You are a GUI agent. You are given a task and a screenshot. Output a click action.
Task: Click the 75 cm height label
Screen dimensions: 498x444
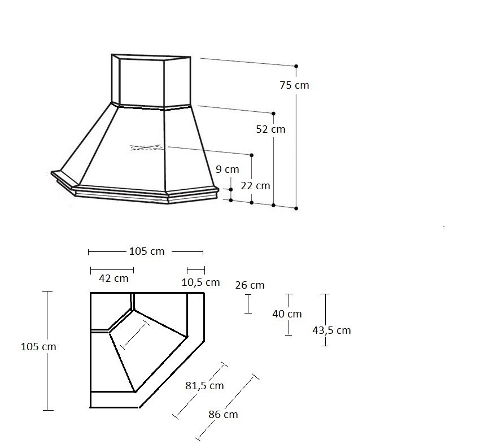point(294,85)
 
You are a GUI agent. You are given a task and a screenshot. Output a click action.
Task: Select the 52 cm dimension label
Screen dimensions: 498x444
point(270,129)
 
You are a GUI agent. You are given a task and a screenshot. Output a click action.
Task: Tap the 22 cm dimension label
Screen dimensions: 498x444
point(255,186)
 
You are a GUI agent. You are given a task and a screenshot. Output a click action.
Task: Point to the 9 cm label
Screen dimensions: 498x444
point(228,169)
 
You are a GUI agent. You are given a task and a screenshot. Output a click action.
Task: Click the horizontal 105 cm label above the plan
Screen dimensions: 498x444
point(147,251)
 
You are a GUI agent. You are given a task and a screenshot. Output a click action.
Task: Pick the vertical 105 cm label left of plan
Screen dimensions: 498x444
point(38,346)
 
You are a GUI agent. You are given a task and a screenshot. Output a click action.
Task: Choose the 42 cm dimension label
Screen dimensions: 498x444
point(113,278)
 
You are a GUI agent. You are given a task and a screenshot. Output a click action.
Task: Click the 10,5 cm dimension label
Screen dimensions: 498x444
point(201,282)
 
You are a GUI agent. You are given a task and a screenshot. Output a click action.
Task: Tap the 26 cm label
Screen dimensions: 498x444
point(250,285)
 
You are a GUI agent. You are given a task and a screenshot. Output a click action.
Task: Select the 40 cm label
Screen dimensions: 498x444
point(287,314)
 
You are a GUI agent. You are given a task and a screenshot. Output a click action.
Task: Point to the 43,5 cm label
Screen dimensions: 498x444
point(331,330)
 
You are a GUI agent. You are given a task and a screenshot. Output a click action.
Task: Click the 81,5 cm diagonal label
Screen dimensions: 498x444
point(204,386)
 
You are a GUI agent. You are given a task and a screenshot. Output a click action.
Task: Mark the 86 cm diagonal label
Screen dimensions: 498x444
point(223,415)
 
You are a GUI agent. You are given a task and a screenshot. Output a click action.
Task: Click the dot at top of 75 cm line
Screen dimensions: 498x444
point(296,66)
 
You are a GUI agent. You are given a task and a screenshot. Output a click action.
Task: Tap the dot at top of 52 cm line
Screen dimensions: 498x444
point(273,114)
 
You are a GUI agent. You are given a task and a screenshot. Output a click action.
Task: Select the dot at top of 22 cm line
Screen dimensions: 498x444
point(252,155)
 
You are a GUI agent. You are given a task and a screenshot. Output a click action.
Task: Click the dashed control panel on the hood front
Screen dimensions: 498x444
point(147,147)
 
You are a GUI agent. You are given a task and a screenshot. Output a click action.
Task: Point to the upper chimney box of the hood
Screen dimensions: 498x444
point(151,81)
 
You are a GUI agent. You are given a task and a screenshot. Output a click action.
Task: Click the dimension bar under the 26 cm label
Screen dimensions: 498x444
point(248,304)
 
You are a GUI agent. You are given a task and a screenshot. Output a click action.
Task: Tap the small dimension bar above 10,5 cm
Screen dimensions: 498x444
point(196,271)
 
